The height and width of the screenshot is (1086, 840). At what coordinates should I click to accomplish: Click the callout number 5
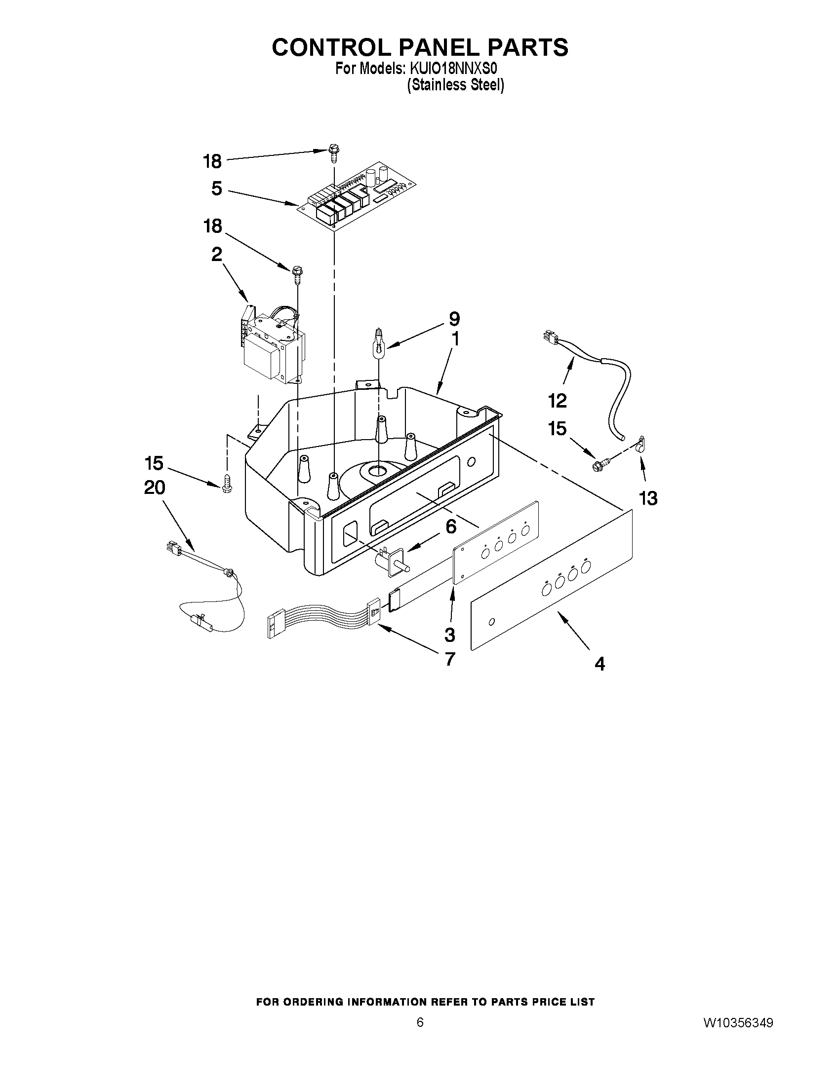coord(216,189)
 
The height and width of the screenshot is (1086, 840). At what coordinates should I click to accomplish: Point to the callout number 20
coord(154,487)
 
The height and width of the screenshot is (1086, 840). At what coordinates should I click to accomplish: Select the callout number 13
coord(648,498)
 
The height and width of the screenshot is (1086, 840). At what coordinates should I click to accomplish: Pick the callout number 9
coord(454,319)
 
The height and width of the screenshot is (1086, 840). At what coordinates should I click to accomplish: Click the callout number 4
coord(600,663)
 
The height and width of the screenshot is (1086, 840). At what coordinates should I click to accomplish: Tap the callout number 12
coord(558,401)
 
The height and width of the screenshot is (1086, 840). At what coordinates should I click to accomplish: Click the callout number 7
coord(449,659)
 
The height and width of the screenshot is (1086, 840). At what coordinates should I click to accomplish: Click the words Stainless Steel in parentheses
coord(456,85)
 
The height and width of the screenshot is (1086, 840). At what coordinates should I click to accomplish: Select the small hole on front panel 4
coord(492,622)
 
